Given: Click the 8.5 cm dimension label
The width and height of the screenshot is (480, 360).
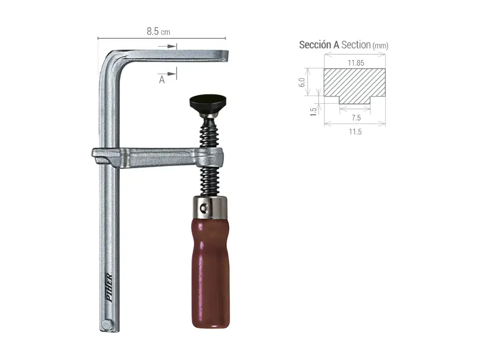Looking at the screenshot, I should tap(158, 31).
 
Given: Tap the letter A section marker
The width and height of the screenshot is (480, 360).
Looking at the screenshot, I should tap(162, 80).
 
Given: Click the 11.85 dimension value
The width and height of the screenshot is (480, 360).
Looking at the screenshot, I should tap(356, 62).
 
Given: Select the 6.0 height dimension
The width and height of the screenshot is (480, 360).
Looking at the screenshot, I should tap(302, 82).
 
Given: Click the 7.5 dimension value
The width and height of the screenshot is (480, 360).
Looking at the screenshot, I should tap(355, 118).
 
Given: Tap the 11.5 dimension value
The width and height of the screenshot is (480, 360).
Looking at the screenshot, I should tap(355, 132).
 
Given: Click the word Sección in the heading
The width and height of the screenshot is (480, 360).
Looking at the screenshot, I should tap(315, 45).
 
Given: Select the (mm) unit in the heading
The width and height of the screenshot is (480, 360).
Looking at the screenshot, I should tap(380, 46).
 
